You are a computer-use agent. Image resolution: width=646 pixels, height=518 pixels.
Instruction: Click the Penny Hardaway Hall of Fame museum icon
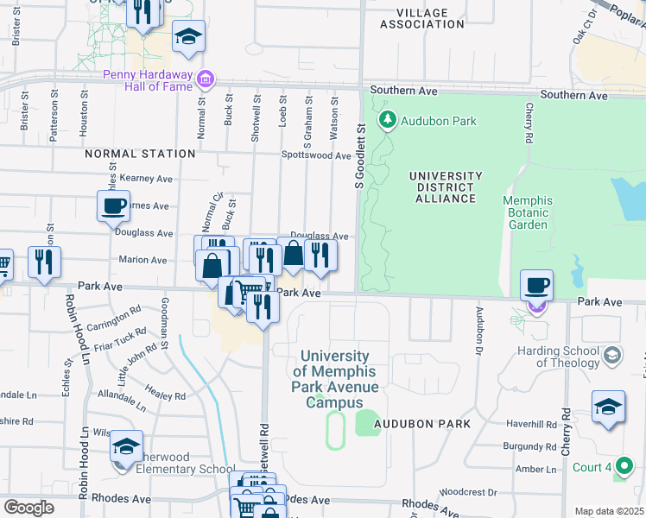pyautogui.click(x=206, y=80)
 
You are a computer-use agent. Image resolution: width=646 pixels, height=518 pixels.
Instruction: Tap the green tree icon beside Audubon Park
pyautogui.click(x=388, y=120)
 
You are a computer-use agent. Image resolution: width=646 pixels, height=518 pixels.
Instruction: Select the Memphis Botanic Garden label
pyautogui.click(x=527, y=212)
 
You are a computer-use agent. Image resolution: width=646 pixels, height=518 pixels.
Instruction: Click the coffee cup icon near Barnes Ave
pyautogui.click(x=114, y=206)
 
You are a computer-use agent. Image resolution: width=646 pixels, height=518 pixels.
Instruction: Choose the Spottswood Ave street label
pyautogui.click(x=316, y=156)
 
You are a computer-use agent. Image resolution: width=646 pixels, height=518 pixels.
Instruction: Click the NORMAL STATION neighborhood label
pyautogui.click(x=140, y=154)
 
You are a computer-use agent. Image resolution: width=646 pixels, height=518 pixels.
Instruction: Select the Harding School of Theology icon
pyautogui.click(x=612, y=355)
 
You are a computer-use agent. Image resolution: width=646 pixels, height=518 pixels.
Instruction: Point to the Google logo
pyautogui.click(x=28, y=507)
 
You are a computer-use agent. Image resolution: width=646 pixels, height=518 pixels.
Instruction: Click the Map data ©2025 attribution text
pyautogui.click(x=609, y=511)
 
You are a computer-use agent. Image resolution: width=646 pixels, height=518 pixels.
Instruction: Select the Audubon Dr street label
pyautogui.click(x=478, y=329)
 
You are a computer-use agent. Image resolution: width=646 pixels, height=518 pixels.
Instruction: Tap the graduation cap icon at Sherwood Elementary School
pyautogui.click(x=126, y=446)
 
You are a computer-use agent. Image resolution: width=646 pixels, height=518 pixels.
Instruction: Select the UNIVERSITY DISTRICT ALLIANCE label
pyautogui.click(x=442, y=186)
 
